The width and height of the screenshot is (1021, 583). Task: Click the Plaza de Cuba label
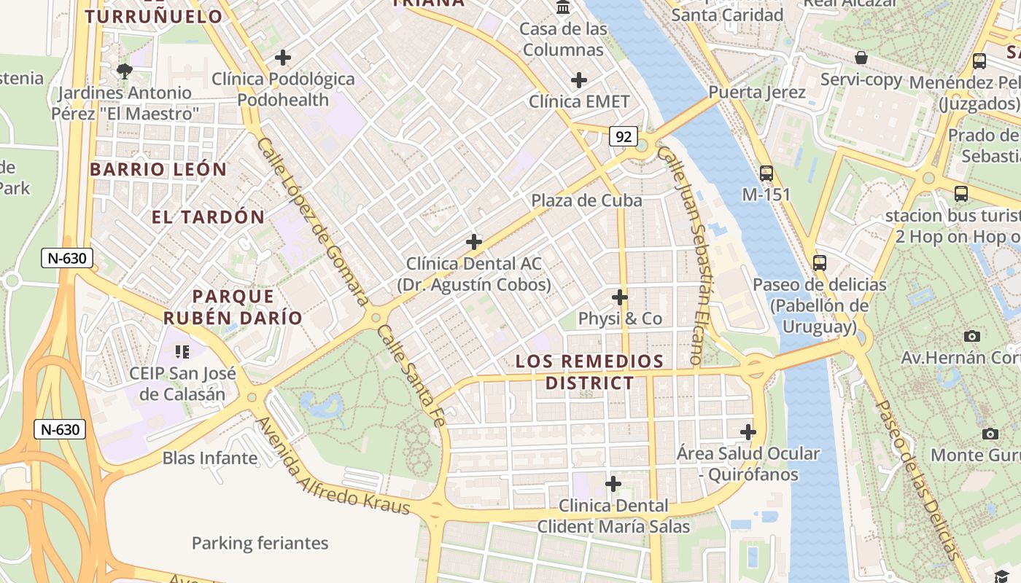tap(586, 200)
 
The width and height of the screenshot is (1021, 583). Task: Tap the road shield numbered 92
tap(623, 136)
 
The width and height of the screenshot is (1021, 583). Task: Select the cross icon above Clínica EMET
tap(579, 80)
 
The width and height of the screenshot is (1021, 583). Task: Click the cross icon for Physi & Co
tap(620, 297)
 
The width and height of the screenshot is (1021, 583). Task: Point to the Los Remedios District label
tap(590, 372)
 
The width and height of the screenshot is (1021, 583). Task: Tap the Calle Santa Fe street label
tap(411, 374)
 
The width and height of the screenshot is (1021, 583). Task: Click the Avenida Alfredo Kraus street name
tap(333, 467)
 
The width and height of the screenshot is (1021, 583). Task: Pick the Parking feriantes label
tap(260, 543)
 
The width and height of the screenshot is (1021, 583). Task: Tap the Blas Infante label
tap(210, 458)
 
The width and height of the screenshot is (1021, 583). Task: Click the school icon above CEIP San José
tap(182, 352)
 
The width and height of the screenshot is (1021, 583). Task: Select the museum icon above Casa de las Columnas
tap(563, 7)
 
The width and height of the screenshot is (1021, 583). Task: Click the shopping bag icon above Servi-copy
tap(861, 58)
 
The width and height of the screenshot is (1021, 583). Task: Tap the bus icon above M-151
tap(766, 173)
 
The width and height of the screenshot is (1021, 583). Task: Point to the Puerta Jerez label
tap(757, 93)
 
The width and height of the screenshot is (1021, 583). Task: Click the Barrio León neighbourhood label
tap(158, 169)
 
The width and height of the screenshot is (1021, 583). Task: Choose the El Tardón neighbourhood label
tap(208, 216)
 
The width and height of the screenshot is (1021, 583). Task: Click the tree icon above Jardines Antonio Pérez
tap(125, 71)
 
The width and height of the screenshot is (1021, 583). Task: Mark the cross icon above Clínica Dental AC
tap(474, 241)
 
